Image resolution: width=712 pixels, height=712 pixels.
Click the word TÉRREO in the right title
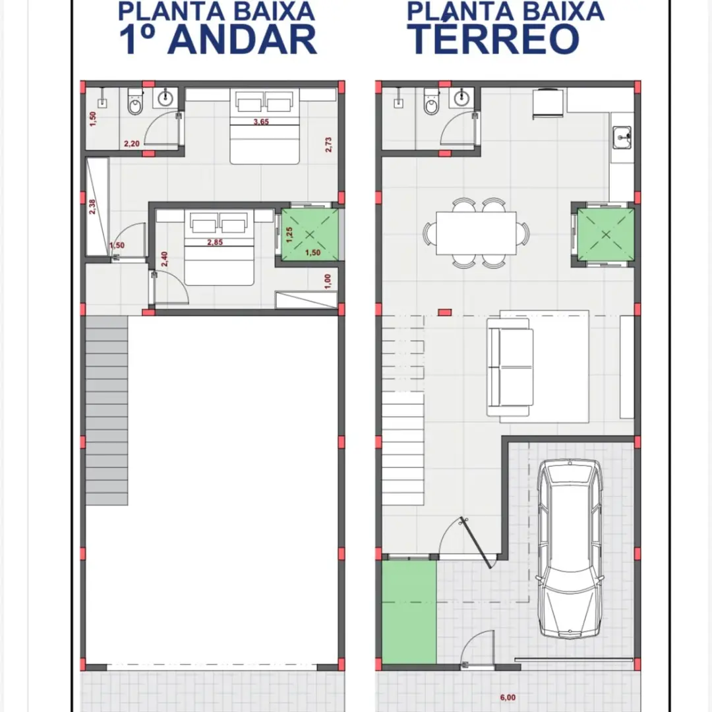coord(495,38)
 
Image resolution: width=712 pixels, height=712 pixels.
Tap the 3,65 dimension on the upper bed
coord(261,121)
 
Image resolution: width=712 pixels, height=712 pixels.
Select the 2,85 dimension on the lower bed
coord(215,242)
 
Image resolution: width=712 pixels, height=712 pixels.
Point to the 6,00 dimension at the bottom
coord(508,697)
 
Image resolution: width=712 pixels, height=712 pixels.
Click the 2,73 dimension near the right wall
coord(328,144)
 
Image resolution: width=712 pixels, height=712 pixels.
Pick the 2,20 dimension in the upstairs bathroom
coord(132,144)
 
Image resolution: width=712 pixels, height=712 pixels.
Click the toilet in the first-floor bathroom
coord(135,102)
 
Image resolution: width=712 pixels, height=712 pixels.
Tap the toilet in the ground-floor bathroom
coord(431,102)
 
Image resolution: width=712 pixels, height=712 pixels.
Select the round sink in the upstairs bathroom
coord(165,98)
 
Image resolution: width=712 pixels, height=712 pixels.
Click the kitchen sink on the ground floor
coord(622,137)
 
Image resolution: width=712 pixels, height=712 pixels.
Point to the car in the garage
coord(570,549)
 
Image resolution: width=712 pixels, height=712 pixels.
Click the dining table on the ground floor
coord(476,233)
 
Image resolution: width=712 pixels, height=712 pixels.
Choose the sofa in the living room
coord(510,367)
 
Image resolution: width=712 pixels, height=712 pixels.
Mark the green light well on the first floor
coord(310,234)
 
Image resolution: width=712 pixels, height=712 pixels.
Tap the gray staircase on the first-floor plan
coord(107,411)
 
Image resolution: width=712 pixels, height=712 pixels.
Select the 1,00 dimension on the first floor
coord(328,281)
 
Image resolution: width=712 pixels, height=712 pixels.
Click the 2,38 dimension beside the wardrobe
coord(92,207)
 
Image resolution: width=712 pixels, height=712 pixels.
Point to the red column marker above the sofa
coord(444,312)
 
